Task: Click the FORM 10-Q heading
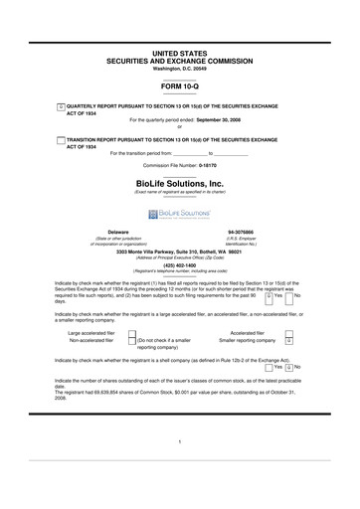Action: click(179, 87)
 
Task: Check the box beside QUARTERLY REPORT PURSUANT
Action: click(61, 104)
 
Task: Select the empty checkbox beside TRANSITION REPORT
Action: click(61, 140)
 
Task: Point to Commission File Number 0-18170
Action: click(179, 165)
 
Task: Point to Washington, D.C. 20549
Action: click(179, 69)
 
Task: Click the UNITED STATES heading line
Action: click(179, 49)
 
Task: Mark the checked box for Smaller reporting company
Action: click(288, 340)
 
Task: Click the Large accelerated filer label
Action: click(91, 332)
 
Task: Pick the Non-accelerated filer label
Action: click(91, 341)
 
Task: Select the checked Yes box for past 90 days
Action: click(270, 296)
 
